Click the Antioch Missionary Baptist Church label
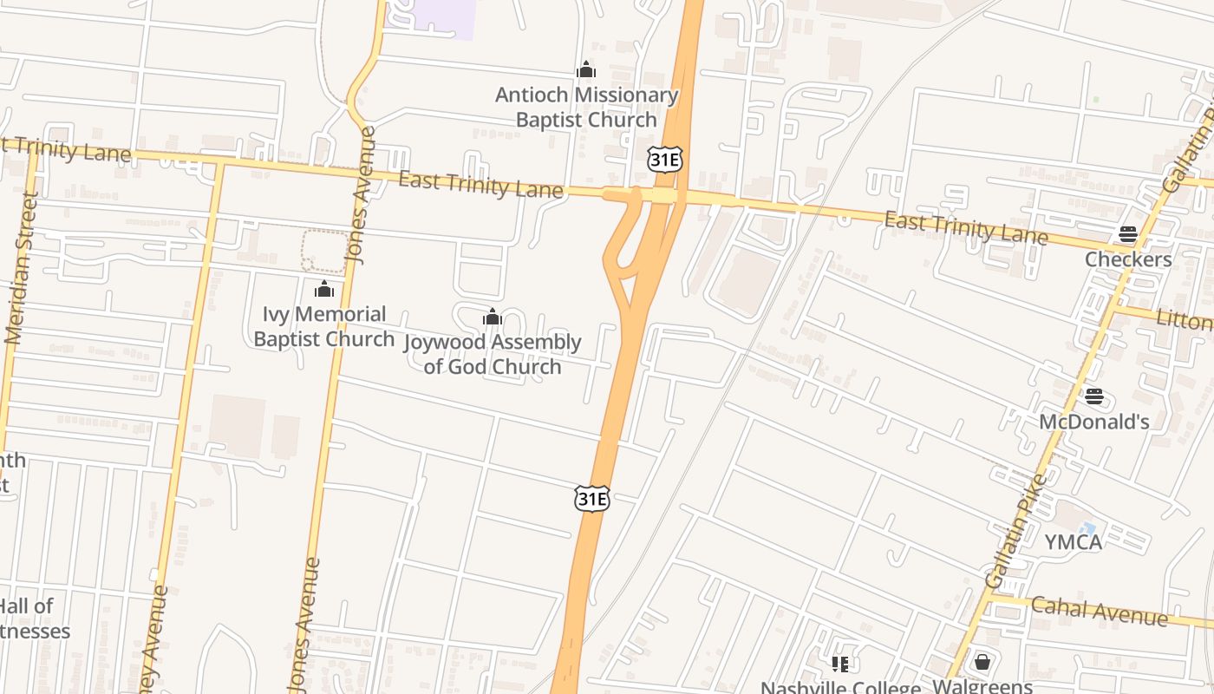pyautogui.click(x=586, y=108)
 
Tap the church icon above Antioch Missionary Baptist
pyautogui.click(x=586, y=69)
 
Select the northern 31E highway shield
pyautogui.click(x=665, y=159)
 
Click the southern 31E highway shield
pyautogui.click(x=591, y=499)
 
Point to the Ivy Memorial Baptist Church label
pyautogui.click(x=323, y=326)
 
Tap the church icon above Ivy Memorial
pyautogui.click(x=324, y=289)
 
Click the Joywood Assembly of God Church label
pyautogui.click(x=493, y=354)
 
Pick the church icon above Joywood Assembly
pyautogui.click(x=493, y=318)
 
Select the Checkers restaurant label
pyautogui.click(x=1128, y=259)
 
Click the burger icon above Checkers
pyautogui.click(x=1128, y=233)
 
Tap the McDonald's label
pyautogui.click(x=1094, y=422)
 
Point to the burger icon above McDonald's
pyautogui.click(x=1094, y=396)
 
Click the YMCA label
pyautogui.click(x=1073, y=542)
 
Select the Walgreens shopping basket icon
pyautogui.click(x=982, y=662)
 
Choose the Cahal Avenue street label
pyautogui.click(x=1099, y=611)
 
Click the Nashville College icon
pyautogui.click(x=839, y=665)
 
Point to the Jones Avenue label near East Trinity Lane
pyautogui.click(x=362, y=195)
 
